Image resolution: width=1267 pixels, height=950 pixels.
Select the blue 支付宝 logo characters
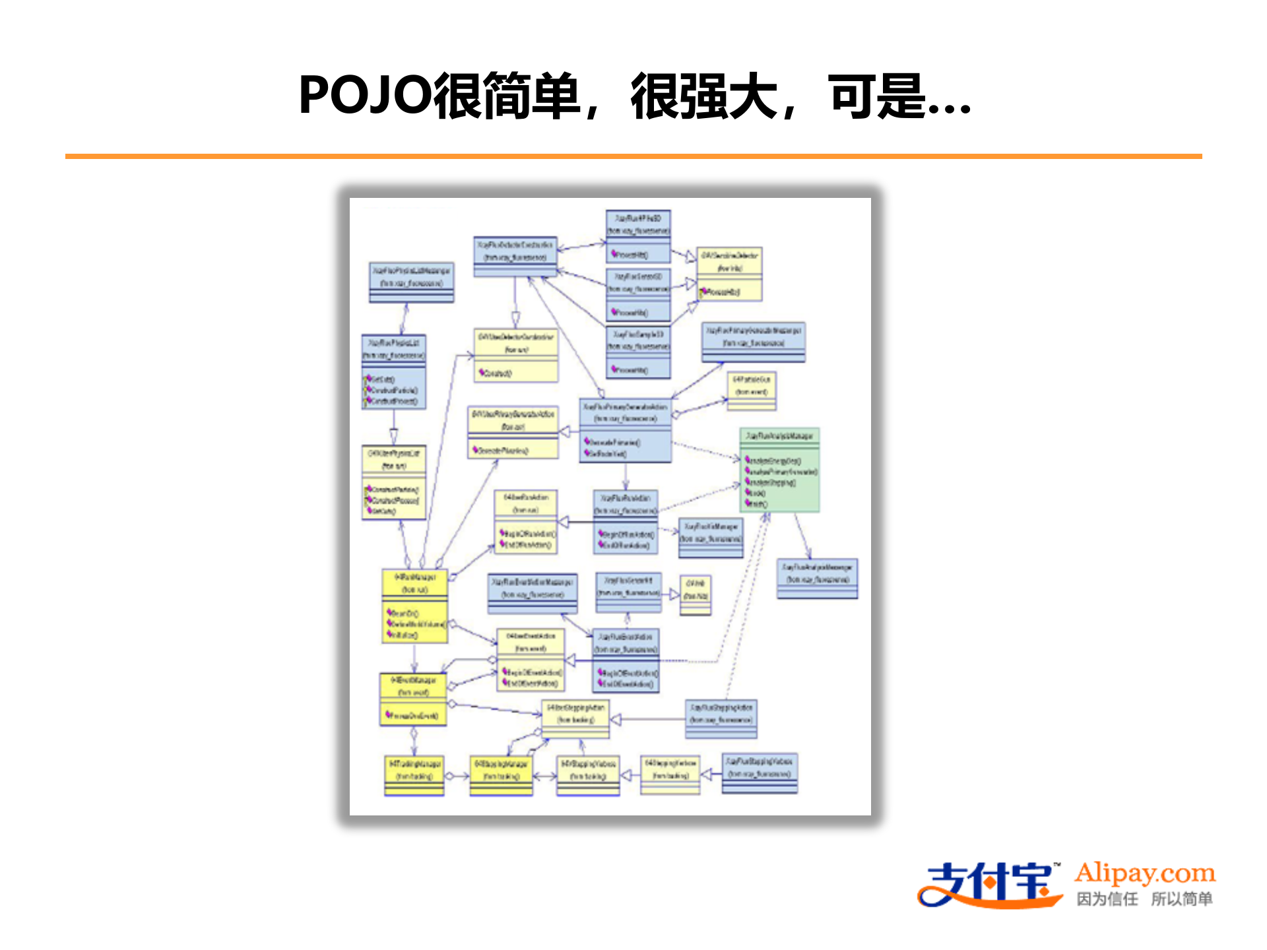pyautogui.click(x=990, y=884)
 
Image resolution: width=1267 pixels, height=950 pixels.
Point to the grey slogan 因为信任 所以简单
pyautogui.click(x=1144, y=899)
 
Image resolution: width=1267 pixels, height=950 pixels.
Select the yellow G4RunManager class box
pyautogui.click(x=414, y=606)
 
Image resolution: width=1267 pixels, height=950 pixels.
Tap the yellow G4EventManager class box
pyautogui.click(x=413, y=699)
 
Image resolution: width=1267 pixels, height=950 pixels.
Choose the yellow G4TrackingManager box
pyautogui.click(x=414, y=775)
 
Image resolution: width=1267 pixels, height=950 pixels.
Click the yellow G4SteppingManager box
pyautogui.click(x=501, y=775)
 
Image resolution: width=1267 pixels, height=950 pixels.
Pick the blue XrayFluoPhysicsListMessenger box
pyautogui.click(x=411, y=282)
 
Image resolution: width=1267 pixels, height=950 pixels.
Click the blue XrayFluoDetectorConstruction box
pyautogui.click(x=515, y=256)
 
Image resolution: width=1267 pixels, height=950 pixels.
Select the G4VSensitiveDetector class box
pyautogui.click(x=730, y=272)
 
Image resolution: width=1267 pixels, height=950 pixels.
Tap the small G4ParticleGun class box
pyautogui.click(x=751, y=391)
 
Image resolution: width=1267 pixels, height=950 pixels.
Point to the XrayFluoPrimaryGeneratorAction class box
pyautogui.click(x=625, y=430)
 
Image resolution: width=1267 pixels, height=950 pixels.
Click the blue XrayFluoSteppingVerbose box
pyautogui.click(x=759, y=773)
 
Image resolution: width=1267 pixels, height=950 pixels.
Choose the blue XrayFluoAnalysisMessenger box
pyautogui.click(x=817, y=579)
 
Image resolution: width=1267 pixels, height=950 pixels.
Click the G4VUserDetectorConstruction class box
pyautogui.click(x=515, y=355)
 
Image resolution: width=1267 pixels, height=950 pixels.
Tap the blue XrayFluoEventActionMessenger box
pyautogui.click(x=532, y=593)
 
